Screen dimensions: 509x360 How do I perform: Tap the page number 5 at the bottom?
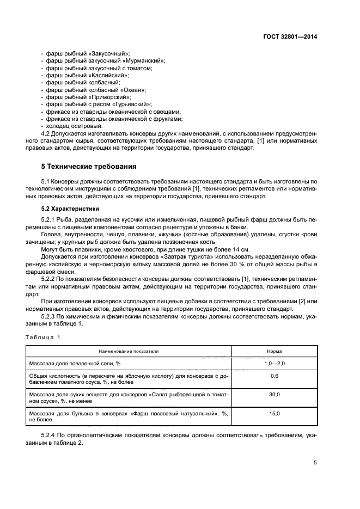[x=315, y=463]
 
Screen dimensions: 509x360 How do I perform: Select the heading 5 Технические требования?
[x=89, y=166]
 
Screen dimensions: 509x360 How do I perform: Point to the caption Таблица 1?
[x=44, y=337]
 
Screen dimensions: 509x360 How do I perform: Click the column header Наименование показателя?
[x=129, y=351]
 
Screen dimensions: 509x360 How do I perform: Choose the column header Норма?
[x=274, y=351]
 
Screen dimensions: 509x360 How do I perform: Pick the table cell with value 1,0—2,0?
[x=274, y=363]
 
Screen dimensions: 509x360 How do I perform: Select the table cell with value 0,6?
[x=274, y=376]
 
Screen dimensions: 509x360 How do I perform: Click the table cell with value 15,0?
[x=274, y=414]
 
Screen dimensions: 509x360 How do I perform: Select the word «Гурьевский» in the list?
[x=127, y=103]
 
